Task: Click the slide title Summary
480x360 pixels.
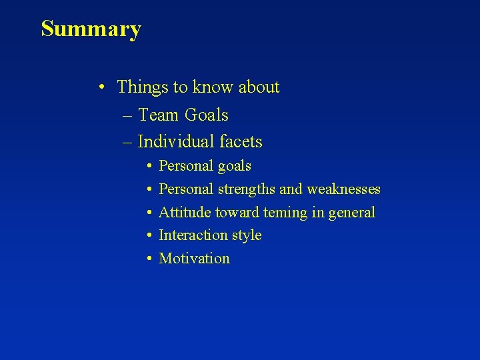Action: click(x=91, y=29)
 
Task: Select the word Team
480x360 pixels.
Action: click(x=159, y=115)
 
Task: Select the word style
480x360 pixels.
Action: click(x=246, y=235)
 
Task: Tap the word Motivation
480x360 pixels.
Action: click(x=194, y=259)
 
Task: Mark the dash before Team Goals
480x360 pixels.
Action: click(x=127, y=116)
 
